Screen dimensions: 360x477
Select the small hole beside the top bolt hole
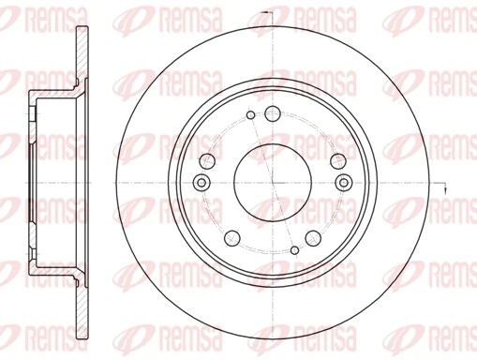coord(250,116)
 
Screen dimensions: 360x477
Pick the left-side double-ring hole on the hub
coord(200,182)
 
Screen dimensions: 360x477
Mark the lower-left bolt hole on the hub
coord(229,235)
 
